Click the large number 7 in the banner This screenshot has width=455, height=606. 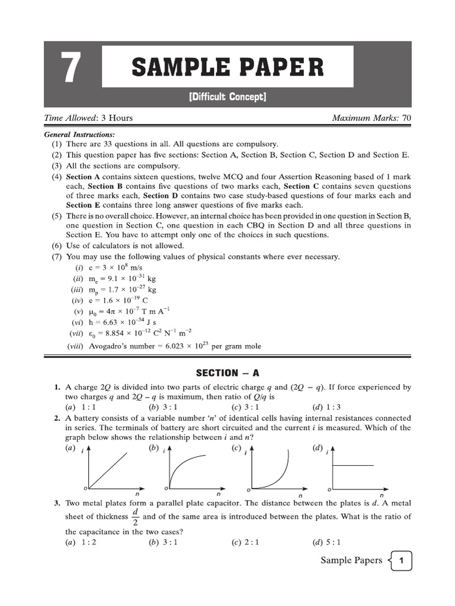[70, 68]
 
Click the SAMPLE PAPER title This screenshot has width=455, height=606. [227, 67]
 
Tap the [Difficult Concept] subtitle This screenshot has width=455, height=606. [227, 96]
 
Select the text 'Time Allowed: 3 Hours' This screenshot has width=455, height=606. [89, 118]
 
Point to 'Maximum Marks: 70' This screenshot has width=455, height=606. [371, 118]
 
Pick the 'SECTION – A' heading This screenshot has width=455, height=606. [227, 373]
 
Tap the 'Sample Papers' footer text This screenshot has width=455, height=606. [351, 560]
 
